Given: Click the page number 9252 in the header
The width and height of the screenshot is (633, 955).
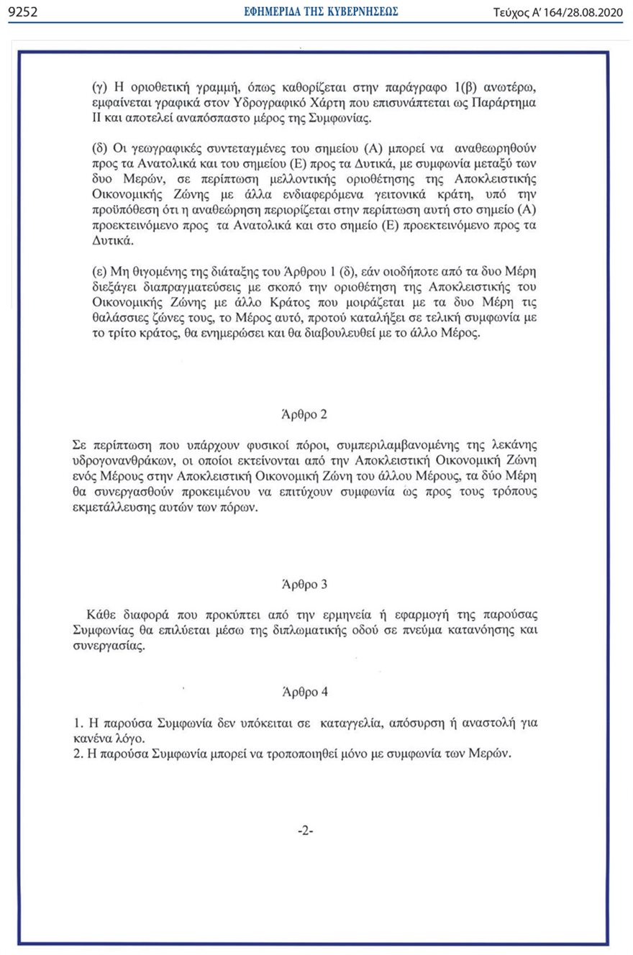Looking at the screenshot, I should [22, 12].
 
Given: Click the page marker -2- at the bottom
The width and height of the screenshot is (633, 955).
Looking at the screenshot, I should [306, 831].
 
